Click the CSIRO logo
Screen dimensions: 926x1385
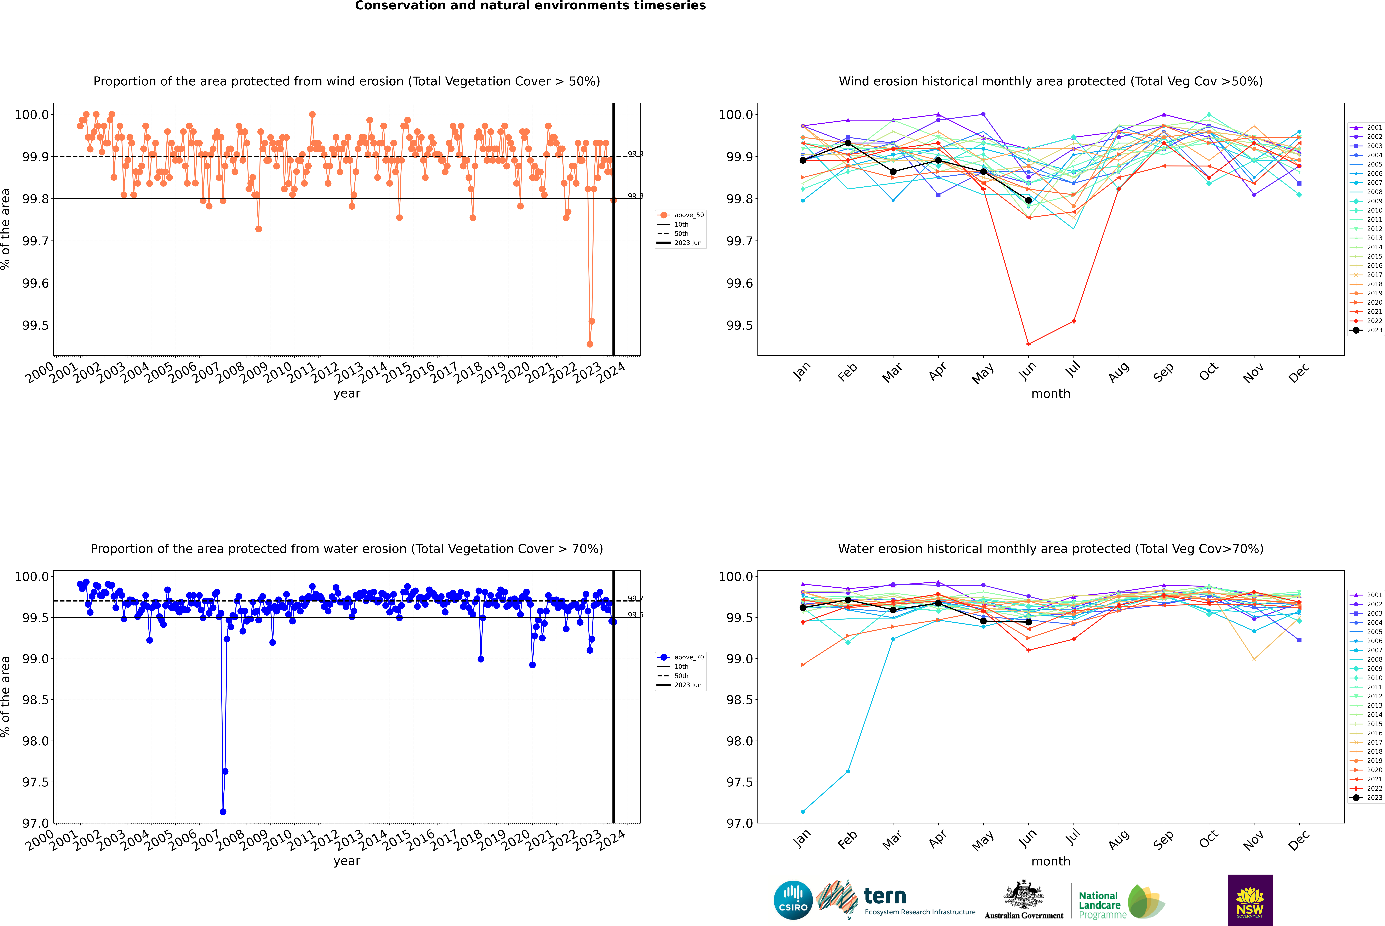click(x=793, y=900)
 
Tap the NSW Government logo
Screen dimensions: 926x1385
click(x=1250, y=900)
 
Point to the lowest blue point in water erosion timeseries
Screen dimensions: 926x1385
click(x=223, y=811)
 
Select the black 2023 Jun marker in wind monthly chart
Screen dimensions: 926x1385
click(x=1028, y=200)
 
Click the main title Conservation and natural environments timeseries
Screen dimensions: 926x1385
click(x=530, y=6)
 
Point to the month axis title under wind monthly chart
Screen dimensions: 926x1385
click(x=1050, y=394)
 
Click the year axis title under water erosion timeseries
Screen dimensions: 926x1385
click(x=347, y=861)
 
